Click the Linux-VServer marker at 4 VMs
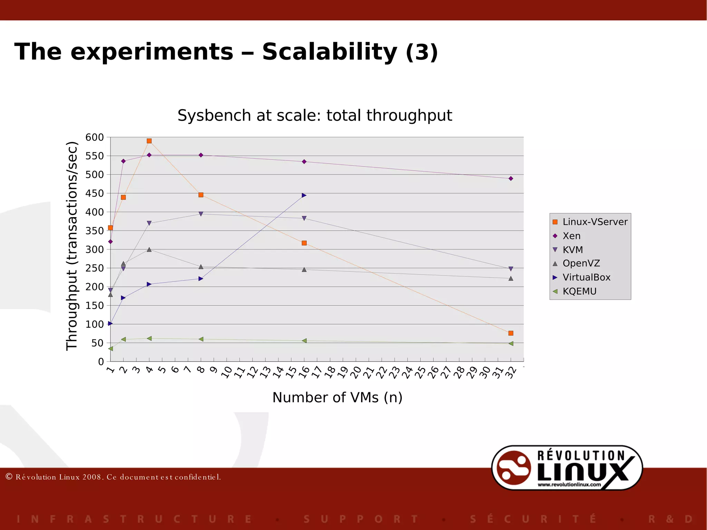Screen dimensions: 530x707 [149, 141]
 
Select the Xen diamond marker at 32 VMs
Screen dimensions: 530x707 [511, 179]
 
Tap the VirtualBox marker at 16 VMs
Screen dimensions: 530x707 [304, 195]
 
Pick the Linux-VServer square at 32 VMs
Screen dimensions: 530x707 [511, 333]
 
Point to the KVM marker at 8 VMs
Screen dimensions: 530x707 [201, 214]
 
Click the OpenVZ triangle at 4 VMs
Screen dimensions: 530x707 [149, 249]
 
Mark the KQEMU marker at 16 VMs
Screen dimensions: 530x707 [304, 341]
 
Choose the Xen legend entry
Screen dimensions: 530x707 [571, 236]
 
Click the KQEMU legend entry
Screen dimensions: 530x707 [579, 291]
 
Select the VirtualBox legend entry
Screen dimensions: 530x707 [586, 277]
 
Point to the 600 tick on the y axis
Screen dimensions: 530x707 [95, 137]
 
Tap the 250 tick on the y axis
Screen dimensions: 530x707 [95, 268]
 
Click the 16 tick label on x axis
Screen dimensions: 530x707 [304, 373]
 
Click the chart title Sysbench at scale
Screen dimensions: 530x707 [314, 115]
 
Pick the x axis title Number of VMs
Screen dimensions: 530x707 [337, 397]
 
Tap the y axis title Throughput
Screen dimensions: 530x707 [72, 246]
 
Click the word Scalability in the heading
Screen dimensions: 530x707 [329, 52]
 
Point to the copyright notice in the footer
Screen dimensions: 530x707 [113, 477]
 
